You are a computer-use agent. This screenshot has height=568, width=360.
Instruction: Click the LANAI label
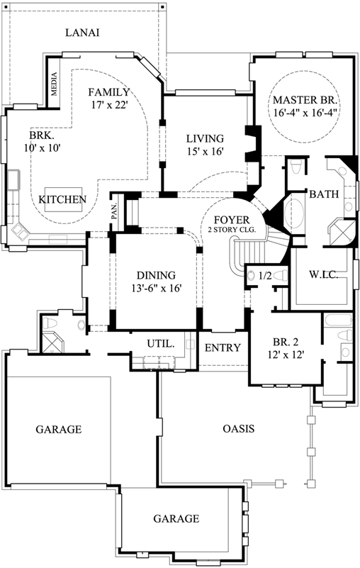[x=81, y=33]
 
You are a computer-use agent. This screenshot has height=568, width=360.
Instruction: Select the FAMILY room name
[x=108, y=92]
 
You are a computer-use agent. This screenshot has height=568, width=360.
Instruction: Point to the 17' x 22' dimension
[x=108, y=106]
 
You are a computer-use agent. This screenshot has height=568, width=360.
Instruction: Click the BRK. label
[x=42, y=135]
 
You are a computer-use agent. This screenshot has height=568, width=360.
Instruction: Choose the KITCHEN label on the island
[x=62, y=200]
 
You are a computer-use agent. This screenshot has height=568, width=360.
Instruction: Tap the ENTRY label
[x=223, y=348]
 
